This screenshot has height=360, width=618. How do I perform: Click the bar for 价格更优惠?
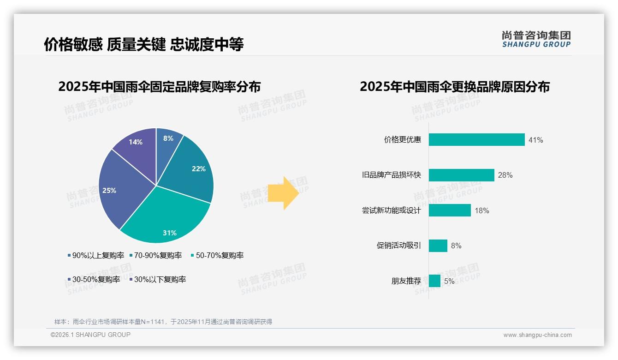[476, 140]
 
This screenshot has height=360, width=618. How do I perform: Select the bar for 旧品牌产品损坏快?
[461, 175]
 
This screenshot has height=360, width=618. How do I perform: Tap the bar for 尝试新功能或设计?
[450, 210]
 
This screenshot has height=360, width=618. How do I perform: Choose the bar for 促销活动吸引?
[438, 246]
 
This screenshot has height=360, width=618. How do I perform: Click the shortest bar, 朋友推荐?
[434, 281]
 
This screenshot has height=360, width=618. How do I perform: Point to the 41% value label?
[535, 140]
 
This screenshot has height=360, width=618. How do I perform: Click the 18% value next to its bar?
[481, 210]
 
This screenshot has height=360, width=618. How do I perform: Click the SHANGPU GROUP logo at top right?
[536, 39]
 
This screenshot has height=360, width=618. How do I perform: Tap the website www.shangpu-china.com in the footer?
[537, 335]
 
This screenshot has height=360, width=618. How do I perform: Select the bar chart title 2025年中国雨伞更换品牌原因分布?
[454, 87]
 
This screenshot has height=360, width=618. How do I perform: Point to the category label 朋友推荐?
[406, 281]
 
